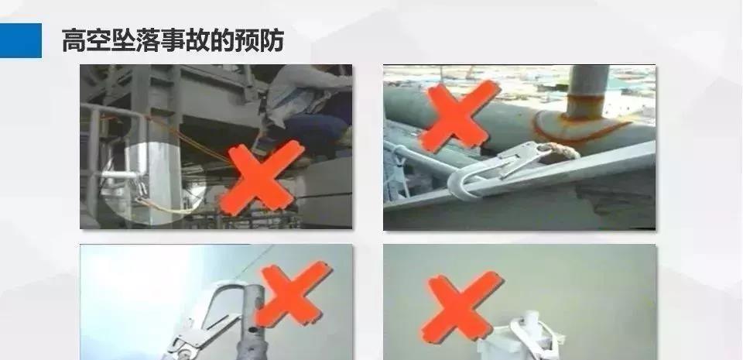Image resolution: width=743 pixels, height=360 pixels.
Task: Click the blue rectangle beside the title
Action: [20, 41]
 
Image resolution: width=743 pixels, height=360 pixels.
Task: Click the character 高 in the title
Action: [74, 41]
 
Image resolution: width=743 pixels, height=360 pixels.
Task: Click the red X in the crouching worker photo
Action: [261, 177]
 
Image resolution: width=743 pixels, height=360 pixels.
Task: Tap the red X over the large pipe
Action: [459, 115]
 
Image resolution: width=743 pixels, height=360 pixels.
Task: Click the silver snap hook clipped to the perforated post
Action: [207, 321]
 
